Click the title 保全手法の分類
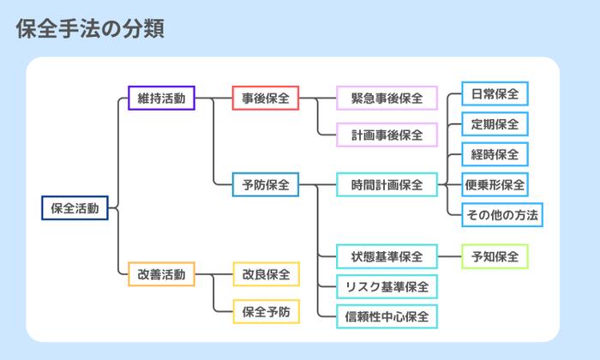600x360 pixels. [x=90, y=28]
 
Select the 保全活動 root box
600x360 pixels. [x=75, y=208]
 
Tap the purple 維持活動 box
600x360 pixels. [x=160, y=99]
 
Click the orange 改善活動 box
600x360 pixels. [x=160, y=274]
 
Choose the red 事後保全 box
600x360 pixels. [x=266, y=99]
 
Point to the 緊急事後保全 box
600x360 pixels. [x=387, y=99]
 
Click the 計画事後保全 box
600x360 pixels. [x=387, y=135]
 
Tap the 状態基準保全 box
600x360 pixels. [x=387, y=256]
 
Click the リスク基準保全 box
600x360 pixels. [x=387, y=286]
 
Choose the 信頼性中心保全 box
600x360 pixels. [x=387, y=315]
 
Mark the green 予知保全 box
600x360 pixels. [x=495, y=256]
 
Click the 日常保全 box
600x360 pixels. [x=495, y=93]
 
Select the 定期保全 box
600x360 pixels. [x=495, y=124]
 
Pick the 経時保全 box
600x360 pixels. [x=495, y=154]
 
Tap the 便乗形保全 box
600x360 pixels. [x=495, y=184]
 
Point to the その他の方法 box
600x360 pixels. [x=501, y=214]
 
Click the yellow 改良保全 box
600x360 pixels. [x=266, y=274]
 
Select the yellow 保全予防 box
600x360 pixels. [x=266, y=310]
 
